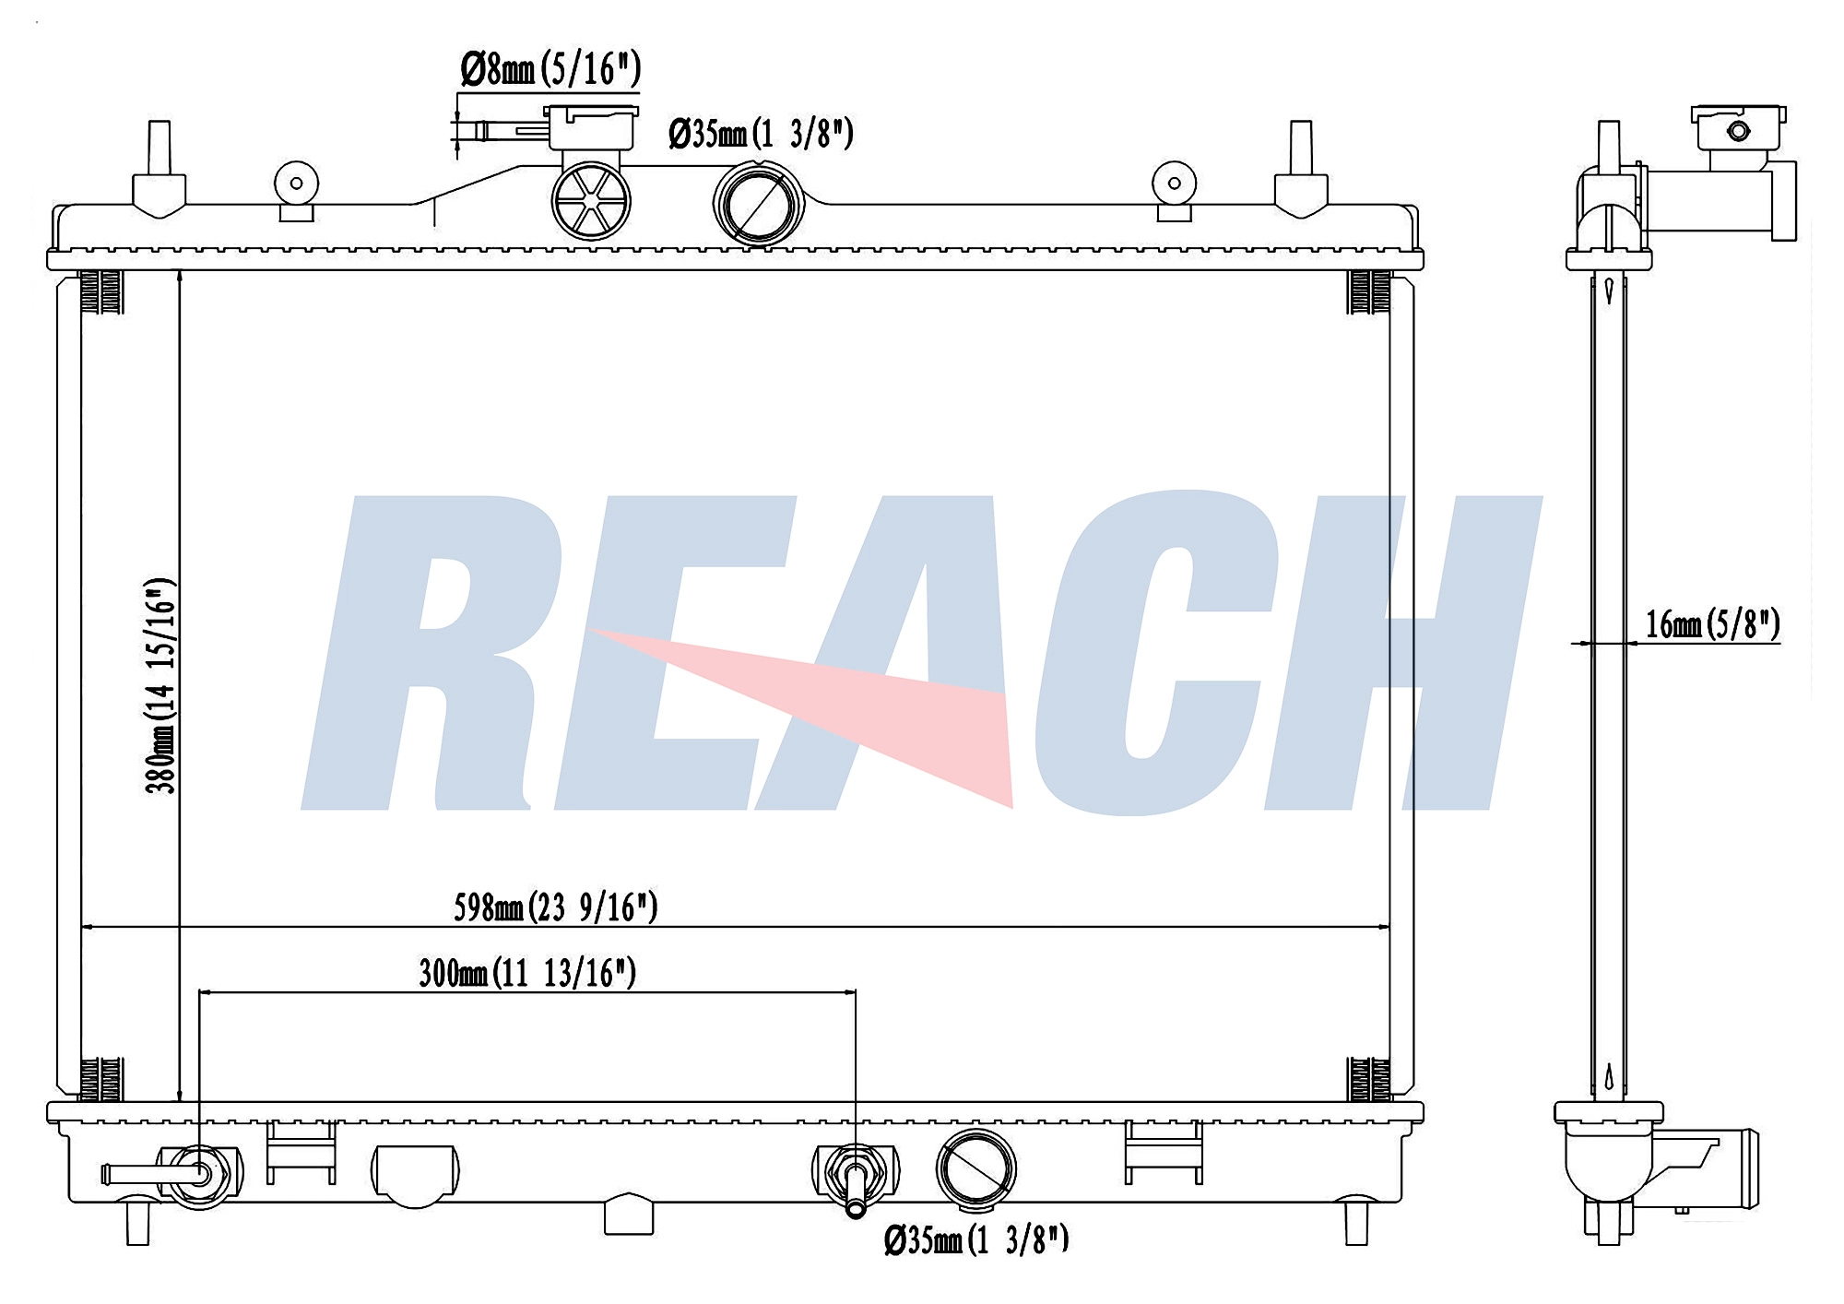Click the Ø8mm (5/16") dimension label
[x=550, y=69]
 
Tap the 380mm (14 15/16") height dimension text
[x=160, y=685]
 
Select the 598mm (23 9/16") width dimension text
[x=555, y=907]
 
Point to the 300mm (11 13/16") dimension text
[x=527, y=973]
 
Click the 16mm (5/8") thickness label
[x=1713, y=624]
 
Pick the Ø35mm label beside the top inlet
[x=761, y=134]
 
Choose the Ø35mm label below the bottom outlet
[x=976, y=1240]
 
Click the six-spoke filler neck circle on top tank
[x=591, y=200]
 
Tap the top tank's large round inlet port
[x=759, y=204]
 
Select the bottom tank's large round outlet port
[x=976, y=1168]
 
